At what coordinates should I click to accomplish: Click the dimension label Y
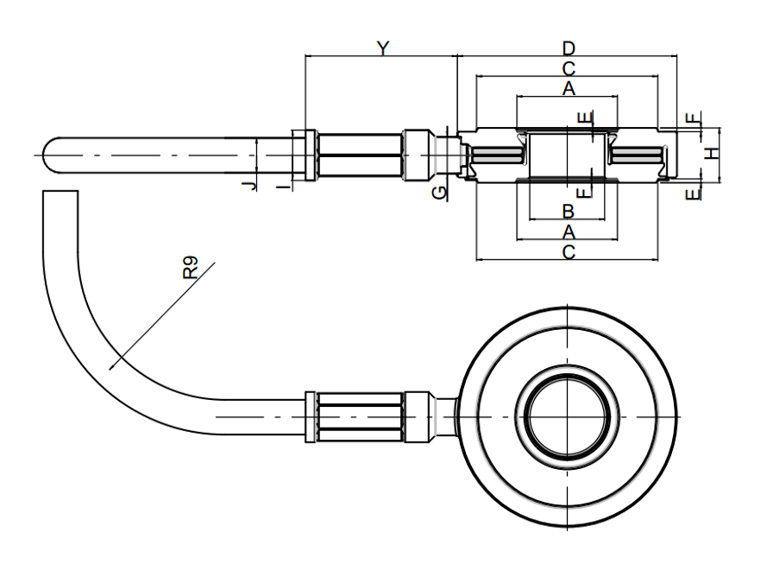(x=383, y=48)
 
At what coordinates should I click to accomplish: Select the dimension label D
(x=569, y=48)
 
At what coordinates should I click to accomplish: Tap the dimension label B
(x=568, y=212)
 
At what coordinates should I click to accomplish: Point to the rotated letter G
(x=439, y=193)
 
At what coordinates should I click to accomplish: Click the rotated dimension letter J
(x=249, y=185)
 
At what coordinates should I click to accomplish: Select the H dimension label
(x=714, y=153)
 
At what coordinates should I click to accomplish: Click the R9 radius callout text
(x=191, y=268)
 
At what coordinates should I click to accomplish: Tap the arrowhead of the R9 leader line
(x=111, y=367)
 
